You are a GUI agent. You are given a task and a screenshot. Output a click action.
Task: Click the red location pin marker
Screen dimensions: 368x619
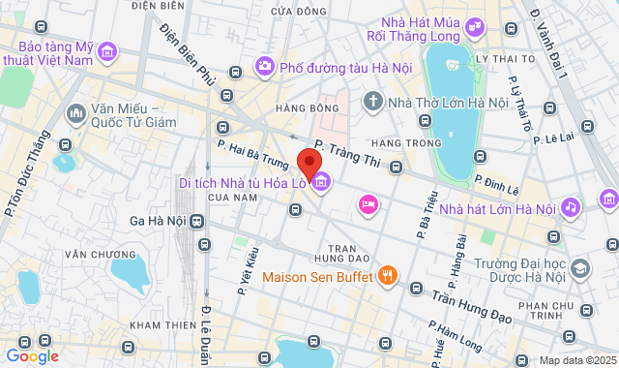[309, 163]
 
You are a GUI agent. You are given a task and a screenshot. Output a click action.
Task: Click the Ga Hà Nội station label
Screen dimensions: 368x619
[157, 221]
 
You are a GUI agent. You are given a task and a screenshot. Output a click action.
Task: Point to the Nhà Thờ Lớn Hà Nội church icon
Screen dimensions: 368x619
[372, 101]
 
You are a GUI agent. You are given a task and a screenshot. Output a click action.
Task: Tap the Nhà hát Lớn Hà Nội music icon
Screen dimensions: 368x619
[571, 207]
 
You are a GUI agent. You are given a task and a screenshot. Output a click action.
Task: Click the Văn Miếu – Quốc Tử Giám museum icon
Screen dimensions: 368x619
[75, 114]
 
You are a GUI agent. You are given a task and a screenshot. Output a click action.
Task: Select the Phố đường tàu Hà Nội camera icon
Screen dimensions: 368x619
[263, 67]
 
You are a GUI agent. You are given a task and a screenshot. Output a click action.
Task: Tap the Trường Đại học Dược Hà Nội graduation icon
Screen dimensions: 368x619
[579, 268]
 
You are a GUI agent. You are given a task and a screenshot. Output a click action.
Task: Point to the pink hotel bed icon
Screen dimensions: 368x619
[368, 203]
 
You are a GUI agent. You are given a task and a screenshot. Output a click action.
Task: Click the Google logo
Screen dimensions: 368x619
[32, 356]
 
